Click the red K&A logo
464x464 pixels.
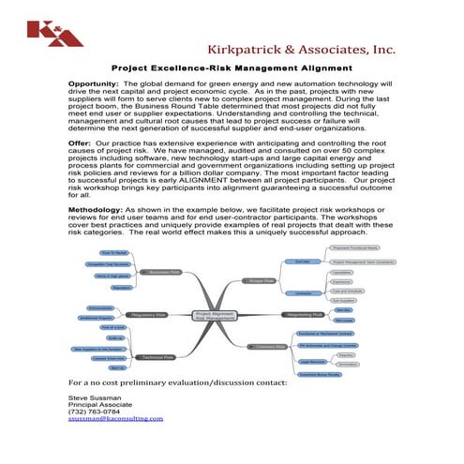(x=42, y=32)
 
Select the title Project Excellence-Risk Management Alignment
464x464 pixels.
(x=232, y=68)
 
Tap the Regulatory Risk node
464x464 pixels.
(x=150, y=315)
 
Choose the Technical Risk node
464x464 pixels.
(x=156, y=357)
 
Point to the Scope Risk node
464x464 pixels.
(x=262, y=279)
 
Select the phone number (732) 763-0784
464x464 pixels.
(x=95, y=412)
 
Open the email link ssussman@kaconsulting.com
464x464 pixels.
(x=115, y=419)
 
